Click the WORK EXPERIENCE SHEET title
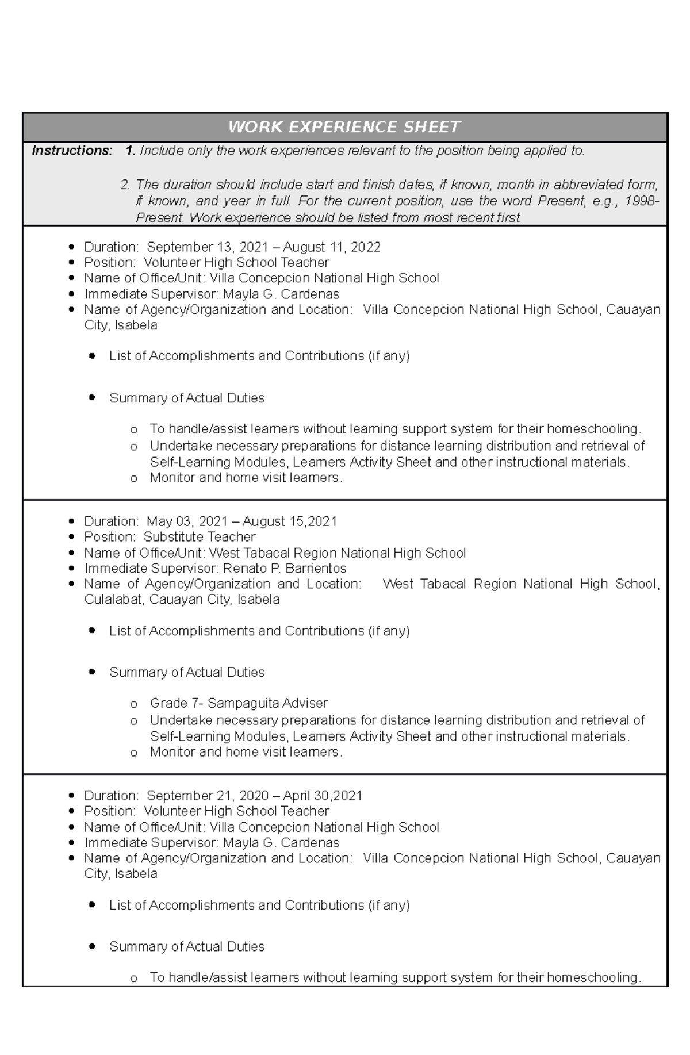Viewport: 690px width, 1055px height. (x=344, y=127)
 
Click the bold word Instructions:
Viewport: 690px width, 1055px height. (x=72, y=151)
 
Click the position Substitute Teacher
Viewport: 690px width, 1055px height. (x=199, y=537)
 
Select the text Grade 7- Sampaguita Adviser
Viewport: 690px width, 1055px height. (x=238, y=703)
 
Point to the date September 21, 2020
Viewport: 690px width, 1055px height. (x=208, y=796)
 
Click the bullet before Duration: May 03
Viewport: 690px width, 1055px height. (x=71, y=521)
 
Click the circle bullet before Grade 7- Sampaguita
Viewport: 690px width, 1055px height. (x=134, y=704)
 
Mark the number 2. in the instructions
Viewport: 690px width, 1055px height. (x=125, y=185)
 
